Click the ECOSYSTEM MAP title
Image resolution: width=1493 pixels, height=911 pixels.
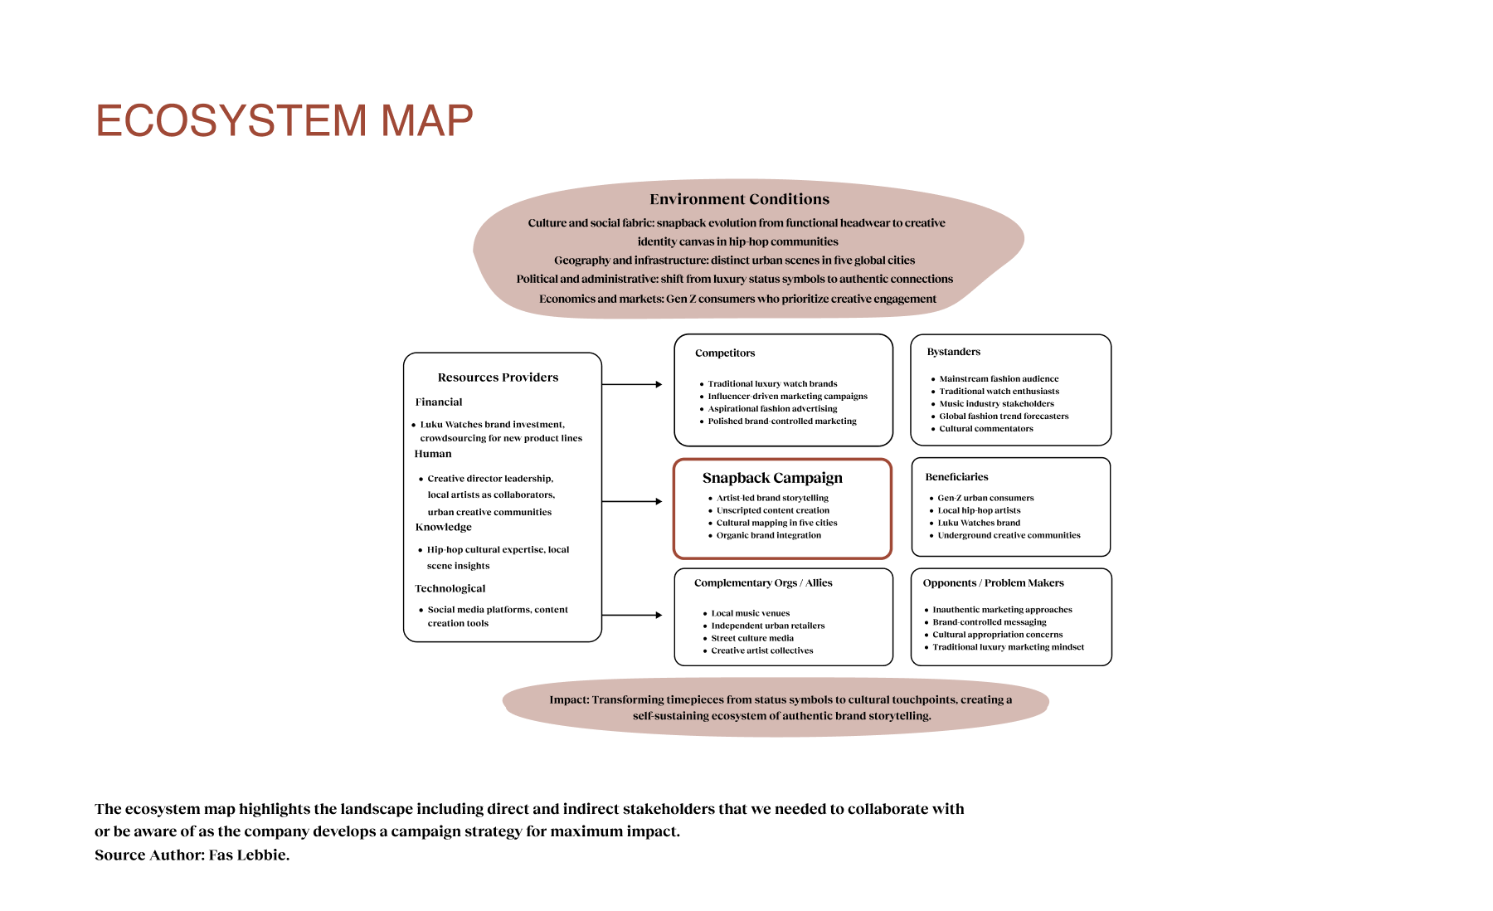(284, 121)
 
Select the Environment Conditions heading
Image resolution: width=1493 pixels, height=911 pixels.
(739, 199)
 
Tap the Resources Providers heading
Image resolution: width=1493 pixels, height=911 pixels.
(498, 378)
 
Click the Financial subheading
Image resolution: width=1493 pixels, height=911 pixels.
(439, 402)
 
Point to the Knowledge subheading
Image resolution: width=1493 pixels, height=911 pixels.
(443, 527)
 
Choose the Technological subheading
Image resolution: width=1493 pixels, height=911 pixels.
(450, 588)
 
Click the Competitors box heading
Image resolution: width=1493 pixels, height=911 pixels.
(725, 353)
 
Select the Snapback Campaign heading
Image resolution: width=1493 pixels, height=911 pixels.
(772, 478)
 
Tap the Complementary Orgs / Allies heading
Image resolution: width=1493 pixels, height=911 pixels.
(763, 583)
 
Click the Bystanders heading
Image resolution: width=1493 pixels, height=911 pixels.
(953, 352)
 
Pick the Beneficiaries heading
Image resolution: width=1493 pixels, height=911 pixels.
(956, 477)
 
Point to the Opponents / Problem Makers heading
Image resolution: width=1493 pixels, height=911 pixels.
(993, 583)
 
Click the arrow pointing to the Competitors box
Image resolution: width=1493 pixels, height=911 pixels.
(632, 384)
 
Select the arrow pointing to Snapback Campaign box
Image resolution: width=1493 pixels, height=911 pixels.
(632, 501)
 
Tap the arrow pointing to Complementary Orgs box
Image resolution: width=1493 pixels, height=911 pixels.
(632, 615)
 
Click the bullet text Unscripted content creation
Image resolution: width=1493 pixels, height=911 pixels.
(772, 510)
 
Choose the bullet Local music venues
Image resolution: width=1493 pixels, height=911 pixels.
(750, 613)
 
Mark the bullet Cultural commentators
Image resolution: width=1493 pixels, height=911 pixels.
(985, 429)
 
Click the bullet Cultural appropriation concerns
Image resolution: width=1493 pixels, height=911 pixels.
(997, 635)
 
